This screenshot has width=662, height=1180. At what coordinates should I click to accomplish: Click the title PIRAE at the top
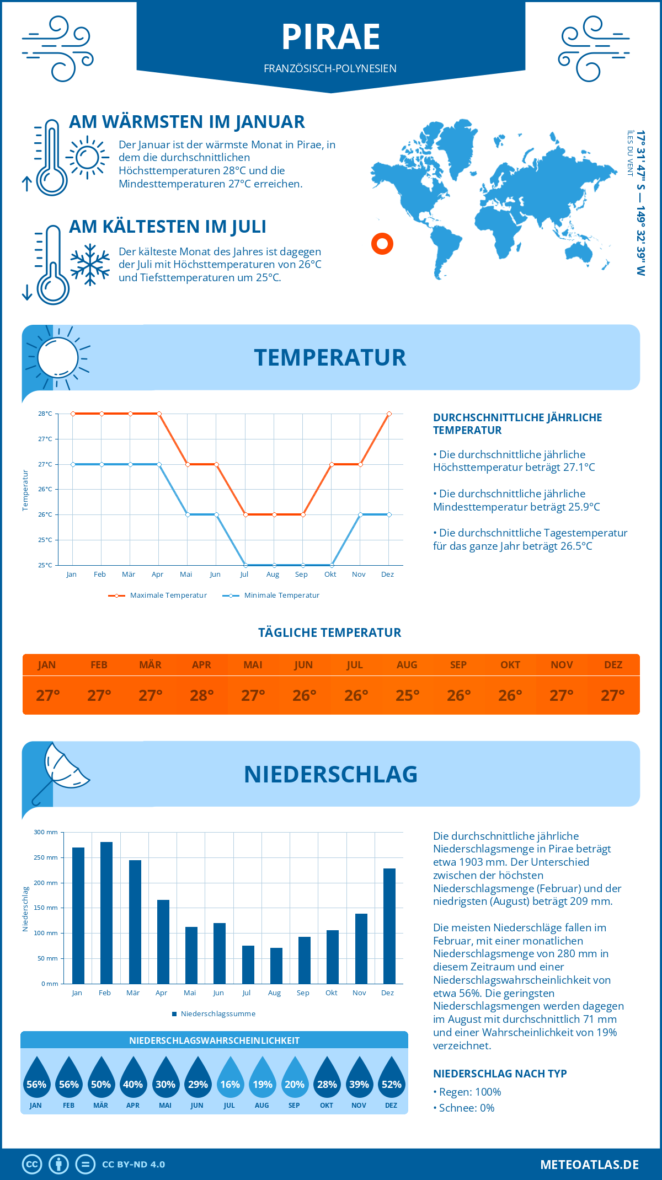pos(331,37)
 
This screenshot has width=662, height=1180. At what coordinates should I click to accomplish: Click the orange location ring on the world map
pos(382,243)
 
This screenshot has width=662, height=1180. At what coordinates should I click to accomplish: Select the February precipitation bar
pos(106,913)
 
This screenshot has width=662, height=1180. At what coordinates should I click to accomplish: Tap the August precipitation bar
pos(276,966)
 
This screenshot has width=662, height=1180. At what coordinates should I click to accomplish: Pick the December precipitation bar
pos(389,926)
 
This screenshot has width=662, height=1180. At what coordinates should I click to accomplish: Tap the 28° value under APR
pos(202,695)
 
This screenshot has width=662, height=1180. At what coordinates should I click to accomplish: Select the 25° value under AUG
pos(407,695)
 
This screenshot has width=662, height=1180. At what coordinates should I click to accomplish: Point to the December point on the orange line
pos(389,414)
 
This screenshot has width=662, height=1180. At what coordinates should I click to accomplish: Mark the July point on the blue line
pos(245,565)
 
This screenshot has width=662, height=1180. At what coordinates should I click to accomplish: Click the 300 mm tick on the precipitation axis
pos(46,832)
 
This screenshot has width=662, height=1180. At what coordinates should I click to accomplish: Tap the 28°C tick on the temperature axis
pos(45,414)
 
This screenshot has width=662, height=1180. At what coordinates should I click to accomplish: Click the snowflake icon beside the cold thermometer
pos(90,265)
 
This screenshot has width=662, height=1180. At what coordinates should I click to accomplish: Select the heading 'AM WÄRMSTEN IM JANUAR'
pos(187,122)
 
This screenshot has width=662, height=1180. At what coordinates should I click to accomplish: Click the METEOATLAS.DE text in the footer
pos(589,1165)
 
